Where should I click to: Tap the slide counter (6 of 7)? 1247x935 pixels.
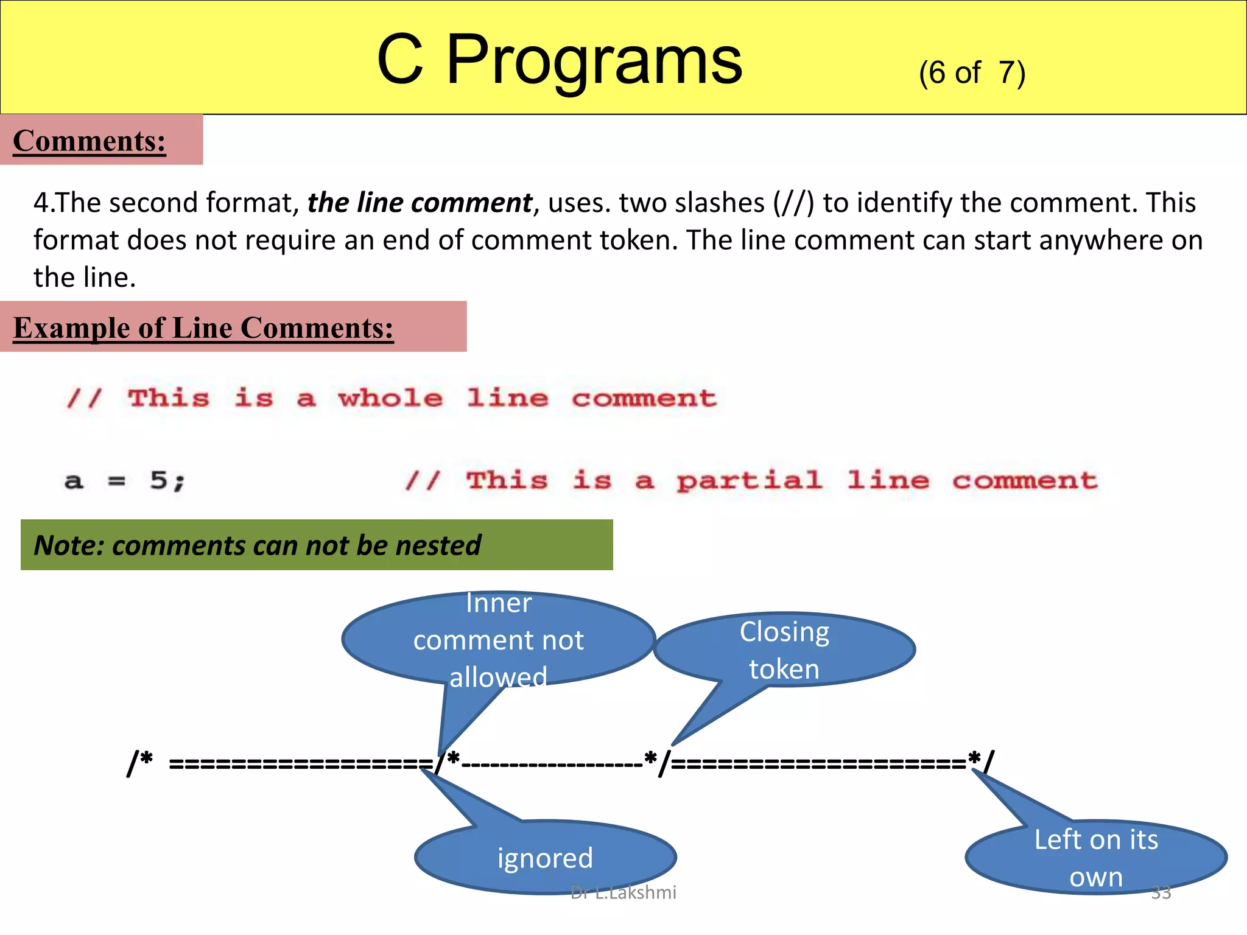pos(972,73)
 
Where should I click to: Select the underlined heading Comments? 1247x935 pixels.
pos(90,141)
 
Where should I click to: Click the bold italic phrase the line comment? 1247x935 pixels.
pos(420,203)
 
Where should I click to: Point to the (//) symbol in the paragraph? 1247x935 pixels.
pos(793,203)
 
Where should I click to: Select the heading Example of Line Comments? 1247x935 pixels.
pos(203,328)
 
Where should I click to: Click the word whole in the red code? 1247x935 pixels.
pos(390,399)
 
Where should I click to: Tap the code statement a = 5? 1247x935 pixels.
pos(125,481)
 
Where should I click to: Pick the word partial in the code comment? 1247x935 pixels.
pos(750,481)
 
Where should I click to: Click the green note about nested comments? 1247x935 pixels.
pos(317,545)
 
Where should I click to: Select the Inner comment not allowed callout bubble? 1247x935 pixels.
pos(498,639)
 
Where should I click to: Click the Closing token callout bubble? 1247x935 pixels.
pos(784,650)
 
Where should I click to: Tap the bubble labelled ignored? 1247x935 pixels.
pos(545,858)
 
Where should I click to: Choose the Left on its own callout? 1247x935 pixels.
pos(1096,858)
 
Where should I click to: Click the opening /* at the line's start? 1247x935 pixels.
pos(140,762)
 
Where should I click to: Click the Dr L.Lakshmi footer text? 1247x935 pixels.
pos(623,892)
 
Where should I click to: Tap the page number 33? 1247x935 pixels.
pos(1161,892)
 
